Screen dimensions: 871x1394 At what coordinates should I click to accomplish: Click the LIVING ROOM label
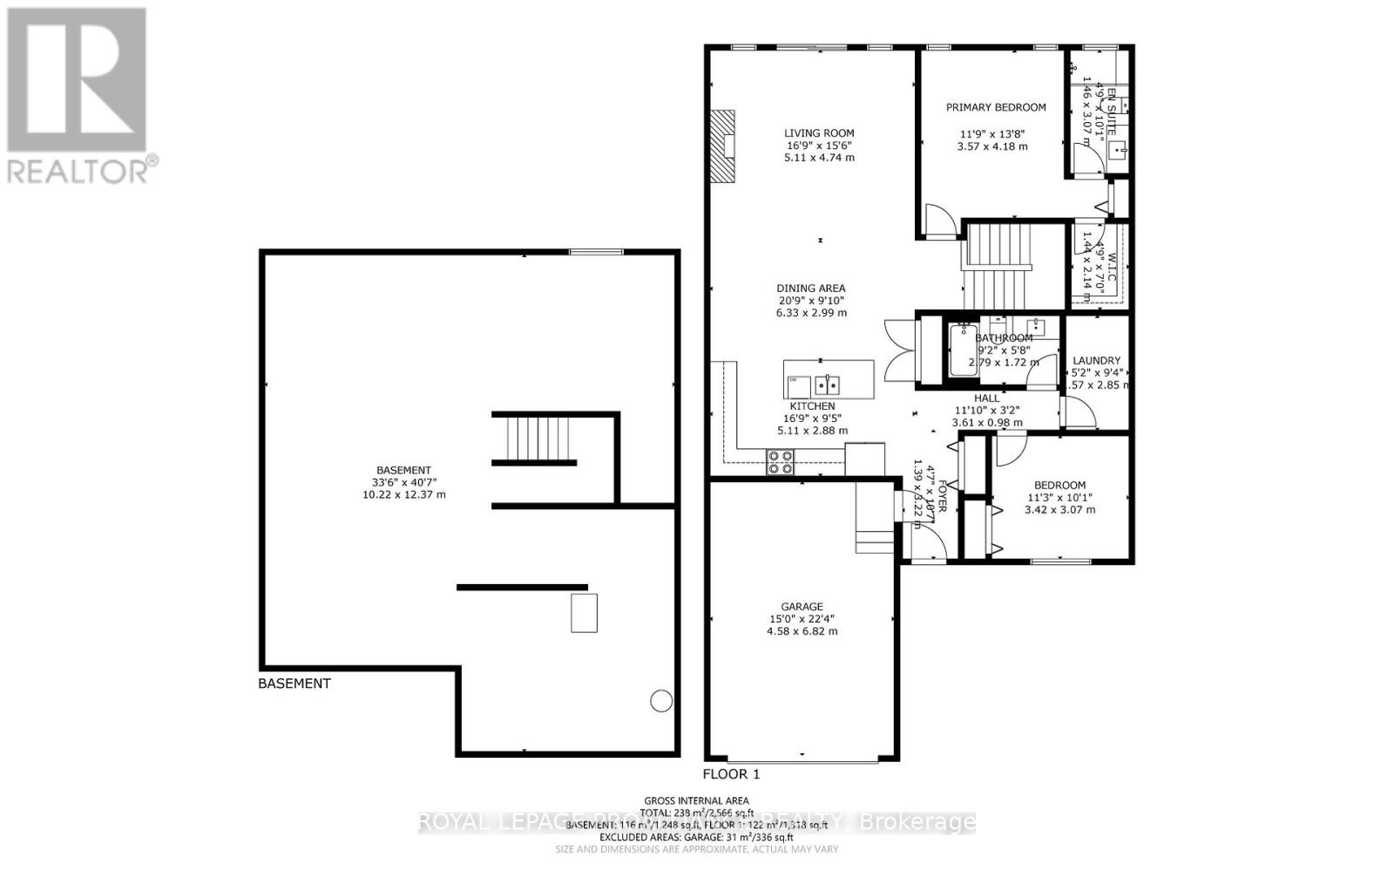tap(819, 133)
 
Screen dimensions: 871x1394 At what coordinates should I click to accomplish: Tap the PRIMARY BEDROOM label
tap(996, 107)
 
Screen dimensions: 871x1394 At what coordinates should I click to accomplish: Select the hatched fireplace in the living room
tap(722, 146)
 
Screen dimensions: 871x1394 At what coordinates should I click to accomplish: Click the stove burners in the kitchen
tap(781, 462)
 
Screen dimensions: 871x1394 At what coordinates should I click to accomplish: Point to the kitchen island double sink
tap(827, 384)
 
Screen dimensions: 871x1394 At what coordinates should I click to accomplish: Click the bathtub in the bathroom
tap(963, 350)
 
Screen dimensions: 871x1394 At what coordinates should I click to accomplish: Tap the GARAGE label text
tap(802, 607)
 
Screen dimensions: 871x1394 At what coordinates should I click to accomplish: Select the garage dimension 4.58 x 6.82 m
tap(802, 630)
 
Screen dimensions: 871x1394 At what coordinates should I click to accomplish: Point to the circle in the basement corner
tap(661, 700)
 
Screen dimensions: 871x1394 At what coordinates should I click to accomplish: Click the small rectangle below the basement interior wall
tap(584, 612)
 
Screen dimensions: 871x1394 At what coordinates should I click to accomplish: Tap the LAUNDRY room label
tap(1096, 360)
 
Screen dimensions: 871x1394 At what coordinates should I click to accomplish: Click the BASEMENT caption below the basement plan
tap(294, 684)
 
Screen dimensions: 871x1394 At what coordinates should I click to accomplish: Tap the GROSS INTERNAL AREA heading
tap(696, 800)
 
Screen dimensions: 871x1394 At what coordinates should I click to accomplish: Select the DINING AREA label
tap(811, 288)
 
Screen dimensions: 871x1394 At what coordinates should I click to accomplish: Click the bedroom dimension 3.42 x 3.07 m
tap(1059, 509)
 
